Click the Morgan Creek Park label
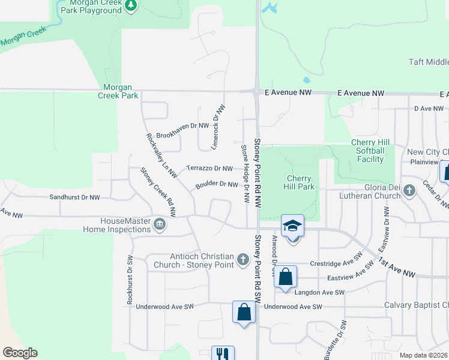(122, 91)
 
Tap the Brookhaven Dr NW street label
(182, 126)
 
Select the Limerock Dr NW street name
(218, 127)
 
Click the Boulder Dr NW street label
(217, 185)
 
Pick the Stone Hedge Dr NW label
(245, 173)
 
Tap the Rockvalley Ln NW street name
(161, 155)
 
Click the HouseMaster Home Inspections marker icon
(160, 225)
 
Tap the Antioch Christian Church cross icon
(243, 260)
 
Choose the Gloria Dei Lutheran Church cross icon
(409, 191)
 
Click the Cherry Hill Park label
(299, 182)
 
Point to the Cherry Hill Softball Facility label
(370, 151)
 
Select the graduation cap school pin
(292, 226)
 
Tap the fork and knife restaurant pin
(223, 353)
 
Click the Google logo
(20, 353)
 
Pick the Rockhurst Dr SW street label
(130, 281)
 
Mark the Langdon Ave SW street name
(319, 292)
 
